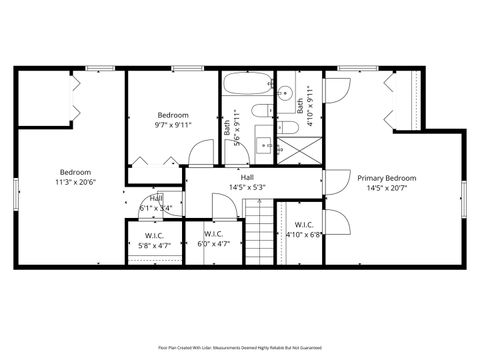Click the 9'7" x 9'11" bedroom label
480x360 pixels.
click(x=173, y=125)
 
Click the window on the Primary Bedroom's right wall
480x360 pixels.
click(x=464, y=198)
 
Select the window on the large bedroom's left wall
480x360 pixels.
click(x=15, y=192)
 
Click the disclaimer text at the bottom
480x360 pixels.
click(x=240, y=347)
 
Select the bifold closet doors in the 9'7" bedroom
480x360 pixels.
click(x=144, y=160)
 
